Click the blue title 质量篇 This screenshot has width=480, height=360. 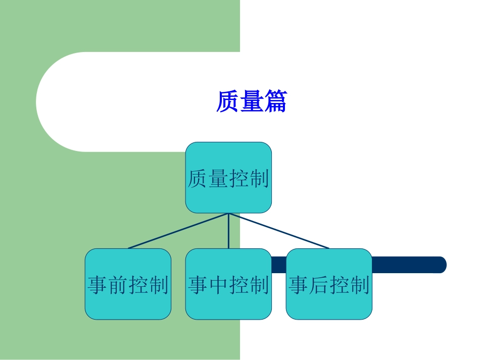(251, 101)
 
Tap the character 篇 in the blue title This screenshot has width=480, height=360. (274, 101)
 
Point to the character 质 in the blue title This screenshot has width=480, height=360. (227, 101)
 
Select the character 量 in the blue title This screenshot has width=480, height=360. (251, 101)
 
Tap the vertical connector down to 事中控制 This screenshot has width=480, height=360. (228, 231)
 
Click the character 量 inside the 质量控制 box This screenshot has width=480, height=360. (218, 179)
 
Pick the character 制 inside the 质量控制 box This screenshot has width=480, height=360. (259, 179)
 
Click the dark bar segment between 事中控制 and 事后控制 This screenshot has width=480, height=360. (279, 265)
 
